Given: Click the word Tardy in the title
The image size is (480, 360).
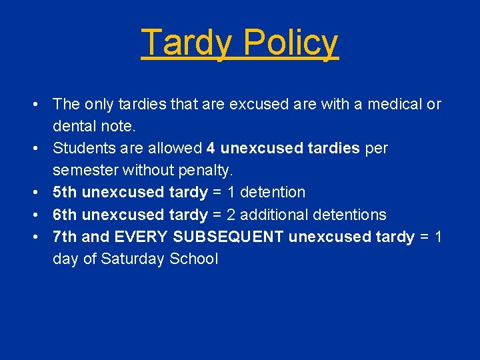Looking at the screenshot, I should [x=186, y=42].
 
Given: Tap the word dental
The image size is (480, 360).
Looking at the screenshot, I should [x=73, y=126].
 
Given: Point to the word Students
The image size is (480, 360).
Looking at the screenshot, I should [x=82, y=148].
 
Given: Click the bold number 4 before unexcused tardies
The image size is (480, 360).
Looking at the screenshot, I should [x=211, y=148].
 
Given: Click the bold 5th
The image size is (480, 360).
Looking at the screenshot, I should [x=65, y=192].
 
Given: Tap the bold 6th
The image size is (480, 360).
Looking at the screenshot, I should [x=65, y=215].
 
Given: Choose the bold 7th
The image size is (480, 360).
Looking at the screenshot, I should [x=65, y=237].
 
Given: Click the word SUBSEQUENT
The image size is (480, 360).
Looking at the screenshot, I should [x=229, y=237].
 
